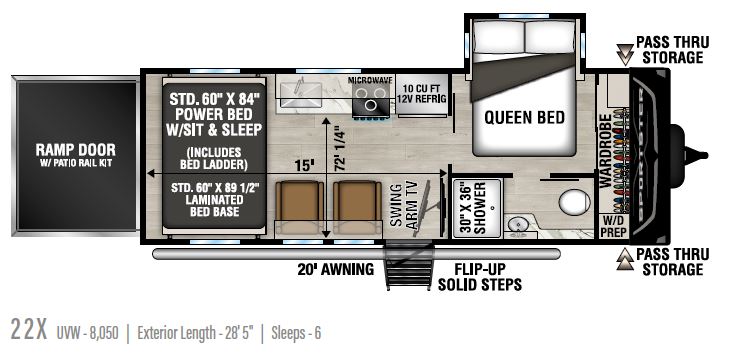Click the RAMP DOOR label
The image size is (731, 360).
tap(76, 150)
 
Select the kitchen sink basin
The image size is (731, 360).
tap(301, 91)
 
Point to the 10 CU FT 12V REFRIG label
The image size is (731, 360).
tap(422, 93)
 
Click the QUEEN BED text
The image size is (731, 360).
tap(524, 118)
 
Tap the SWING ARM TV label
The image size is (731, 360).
tap(404, 206)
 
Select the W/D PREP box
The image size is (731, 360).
tap(613, 226)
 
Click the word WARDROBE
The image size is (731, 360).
tap(605, 151)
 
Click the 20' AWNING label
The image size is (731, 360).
tap(336, 269)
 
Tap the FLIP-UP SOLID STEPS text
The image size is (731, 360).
tap(480, 276)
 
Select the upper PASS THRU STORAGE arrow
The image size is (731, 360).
tap(625, 54)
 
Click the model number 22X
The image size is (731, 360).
tap(29, 331)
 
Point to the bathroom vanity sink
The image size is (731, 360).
tap(516, 225)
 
